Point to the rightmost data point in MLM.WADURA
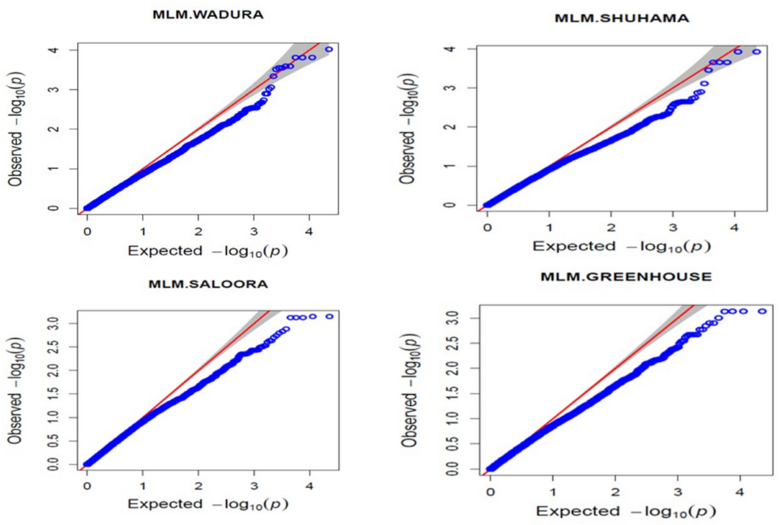pyautogui.click(x=328, y=49)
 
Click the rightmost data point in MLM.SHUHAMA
pyautogui.click(x=756, y=52)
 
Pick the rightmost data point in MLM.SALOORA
pyautogui.click(x=329, y=316)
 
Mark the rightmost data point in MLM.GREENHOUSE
pyautogui.click(x=762, y=311)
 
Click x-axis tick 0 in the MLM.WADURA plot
pyautogui.click(x=88, y=231)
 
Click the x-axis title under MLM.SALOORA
pyautogui.click(x=208, y=504)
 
